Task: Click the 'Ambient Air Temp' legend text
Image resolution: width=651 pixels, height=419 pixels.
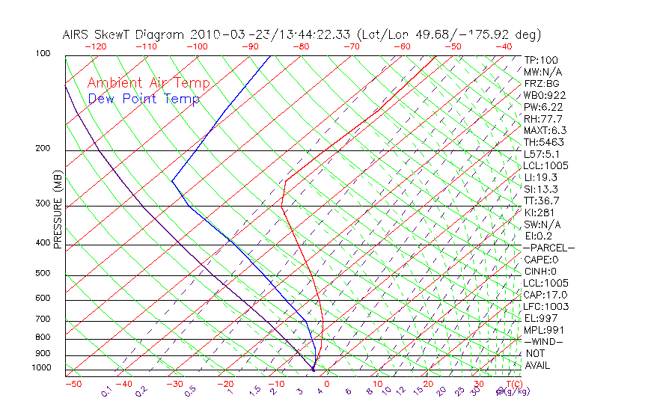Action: pos(148,83)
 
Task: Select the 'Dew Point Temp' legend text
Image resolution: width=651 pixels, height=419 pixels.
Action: pos(144,99)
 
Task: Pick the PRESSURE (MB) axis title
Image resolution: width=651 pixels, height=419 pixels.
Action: pos(58,212)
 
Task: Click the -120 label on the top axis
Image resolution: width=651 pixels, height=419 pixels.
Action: pos(95,46)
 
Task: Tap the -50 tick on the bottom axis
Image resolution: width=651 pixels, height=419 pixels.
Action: pos(73,384)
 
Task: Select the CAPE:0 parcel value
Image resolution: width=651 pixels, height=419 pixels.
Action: pos(541,260)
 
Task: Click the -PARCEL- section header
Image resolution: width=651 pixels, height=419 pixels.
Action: pos(548,248)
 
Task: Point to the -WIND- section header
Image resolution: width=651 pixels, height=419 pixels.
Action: pos(544,341)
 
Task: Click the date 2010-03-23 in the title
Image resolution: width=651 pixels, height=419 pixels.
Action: pos(224,34)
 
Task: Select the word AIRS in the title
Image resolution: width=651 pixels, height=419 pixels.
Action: pos(77,34)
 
